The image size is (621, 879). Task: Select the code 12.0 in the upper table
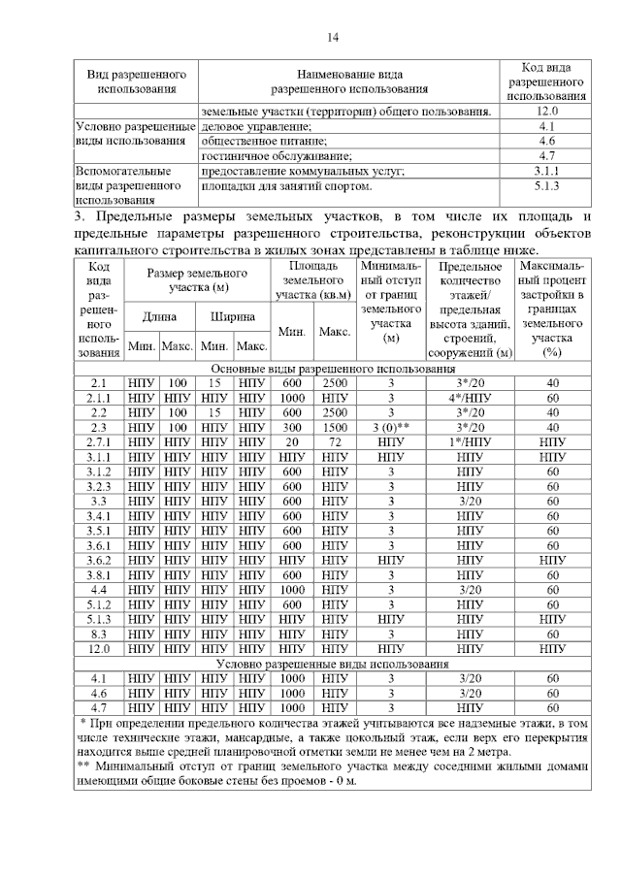(x=546, y=112)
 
